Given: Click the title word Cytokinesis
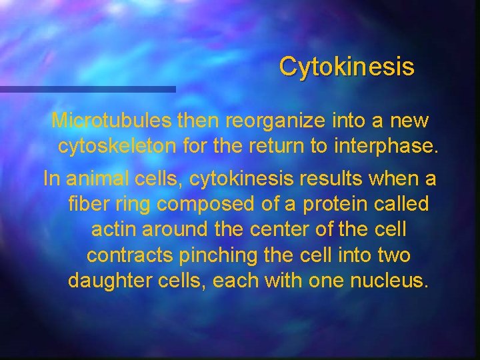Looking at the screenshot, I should tap(347, 67).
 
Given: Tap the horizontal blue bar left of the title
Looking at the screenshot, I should tap(87, 89).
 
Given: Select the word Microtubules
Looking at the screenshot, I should tap(112, 121).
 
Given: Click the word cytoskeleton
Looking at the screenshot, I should tap(115, 146).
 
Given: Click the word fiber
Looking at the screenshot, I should tap(87, 205).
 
